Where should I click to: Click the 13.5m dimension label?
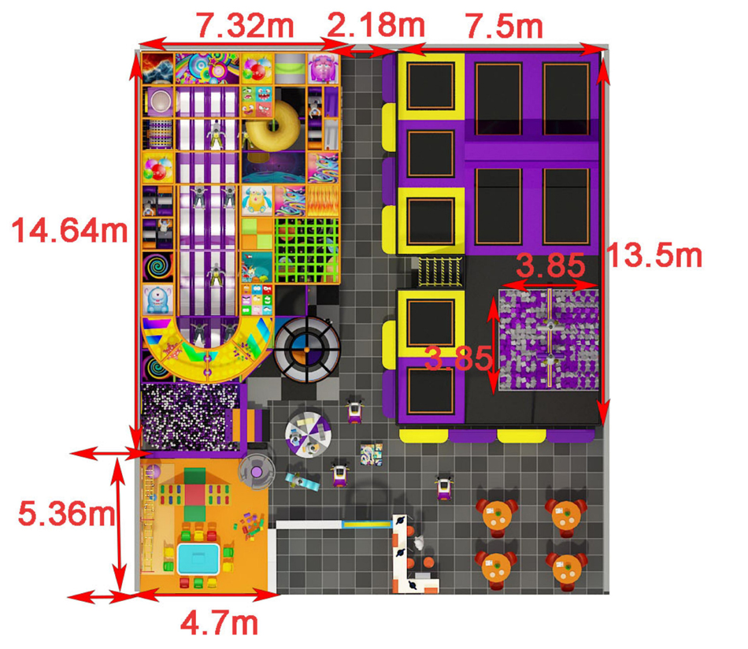[660, 254]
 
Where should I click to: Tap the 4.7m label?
[219, 623]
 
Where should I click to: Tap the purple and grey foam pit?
[549, 340]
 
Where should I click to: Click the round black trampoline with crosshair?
[307, 349]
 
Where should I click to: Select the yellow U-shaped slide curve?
[207, 350]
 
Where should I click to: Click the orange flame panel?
[323, 200]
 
